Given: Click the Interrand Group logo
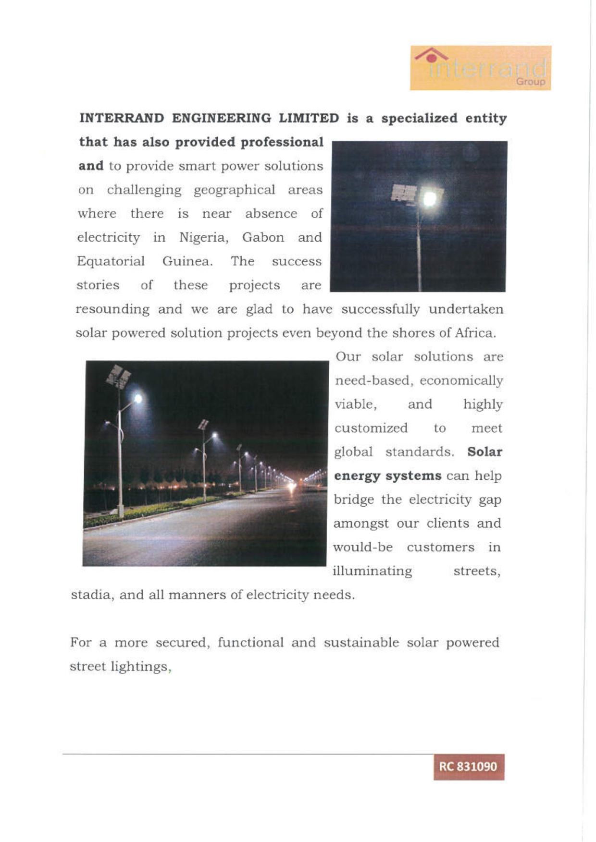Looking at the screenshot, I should tap(480, 68).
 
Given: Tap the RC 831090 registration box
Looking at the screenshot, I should tap(469, 767).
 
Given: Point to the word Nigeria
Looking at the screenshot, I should tap(203, 238).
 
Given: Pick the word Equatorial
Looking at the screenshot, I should tap(111, 261).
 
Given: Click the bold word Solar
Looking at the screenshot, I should tap(484, 452).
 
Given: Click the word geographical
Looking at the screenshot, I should tap(234, 190).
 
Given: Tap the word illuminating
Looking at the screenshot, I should tap(372, 571).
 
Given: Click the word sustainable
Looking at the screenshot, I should tap(361, 643).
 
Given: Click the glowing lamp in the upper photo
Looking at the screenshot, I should tap(429, 198).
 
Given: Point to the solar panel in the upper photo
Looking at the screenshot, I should tap(403, 193).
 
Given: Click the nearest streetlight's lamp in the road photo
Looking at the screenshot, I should tap(138, 398).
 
